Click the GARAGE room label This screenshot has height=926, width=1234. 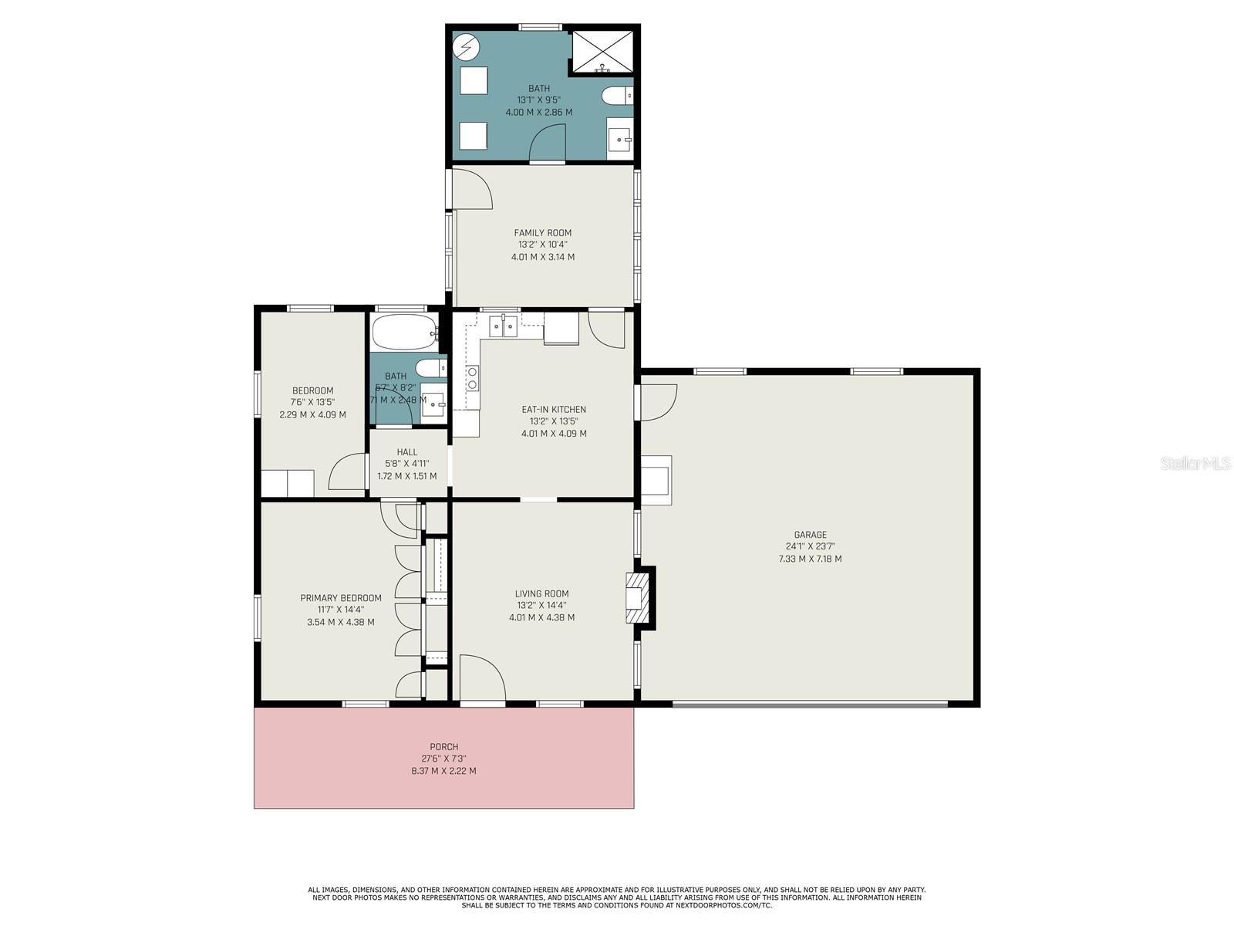[810, 535]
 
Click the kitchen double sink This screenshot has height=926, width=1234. [503, 326]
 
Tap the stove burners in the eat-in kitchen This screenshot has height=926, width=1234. [472, 378]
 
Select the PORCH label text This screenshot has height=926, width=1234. [444, 747]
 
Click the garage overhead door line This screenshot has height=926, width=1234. [810, 704]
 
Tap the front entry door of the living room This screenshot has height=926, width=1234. [482, 679]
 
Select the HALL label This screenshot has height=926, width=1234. [407, 452]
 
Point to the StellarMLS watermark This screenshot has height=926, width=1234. [1195, 463]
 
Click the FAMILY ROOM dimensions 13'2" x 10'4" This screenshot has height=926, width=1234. [543, 245]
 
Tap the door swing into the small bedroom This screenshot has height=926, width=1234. [347, 472]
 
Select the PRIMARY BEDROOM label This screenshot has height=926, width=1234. [341, 598]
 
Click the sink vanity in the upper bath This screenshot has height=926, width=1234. [619, 140]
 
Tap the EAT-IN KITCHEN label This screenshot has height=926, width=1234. [554, 410]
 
